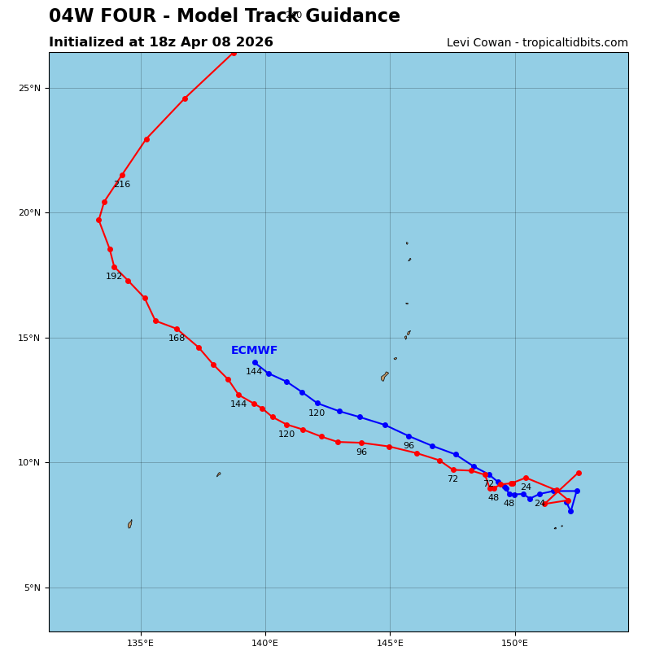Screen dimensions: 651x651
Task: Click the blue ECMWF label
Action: pos(254,351)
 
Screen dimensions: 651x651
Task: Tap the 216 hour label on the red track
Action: pos(122,185)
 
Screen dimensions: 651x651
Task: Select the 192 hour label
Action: pos(114,277)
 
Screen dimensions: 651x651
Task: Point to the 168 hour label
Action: pos(177,339)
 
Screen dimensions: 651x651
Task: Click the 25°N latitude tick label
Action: pos(30,88)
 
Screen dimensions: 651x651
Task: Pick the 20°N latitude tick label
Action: pos(30,213)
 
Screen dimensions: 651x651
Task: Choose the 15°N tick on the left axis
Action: pos(30,338)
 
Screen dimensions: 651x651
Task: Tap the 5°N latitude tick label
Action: pos(33,588)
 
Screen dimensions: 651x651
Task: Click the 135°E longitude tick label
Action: pos(141,643)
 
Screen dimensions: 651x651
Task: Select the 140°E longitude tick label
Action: pos(265,643)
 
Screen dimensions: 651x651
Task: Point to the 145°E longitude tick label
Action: pos(390,643)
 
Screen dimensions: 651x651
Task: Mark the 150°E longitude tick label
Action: pos(514,643)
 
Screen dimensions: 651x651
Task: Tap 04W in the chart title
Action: pos(68,16)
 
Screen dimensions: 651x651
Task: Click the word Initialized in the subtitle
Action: pos(85,42)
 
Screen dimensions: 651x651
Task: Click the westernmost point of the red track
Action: pos(98,220)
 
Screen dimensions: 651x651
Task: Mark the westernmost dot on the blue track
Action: pos(255,363)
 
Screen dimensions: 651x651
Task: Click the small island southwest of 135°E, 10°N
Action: pos(129,524)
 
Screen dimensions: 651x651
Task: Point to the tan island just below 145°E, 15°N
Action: pos(384,377)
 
